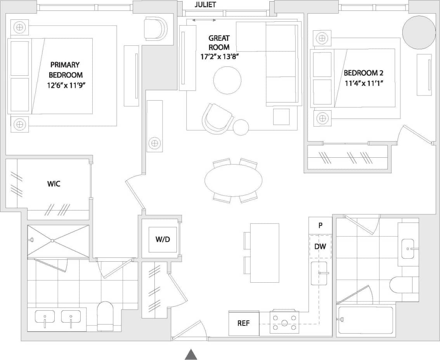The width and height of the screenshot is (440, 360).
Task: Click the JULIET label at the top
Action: (x=205, y=5)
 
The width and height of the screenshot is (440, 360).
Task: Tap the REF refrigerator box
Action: (x=244, y=323)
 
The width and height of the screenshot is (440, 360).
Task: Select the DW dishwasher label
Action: (x=320, y=247)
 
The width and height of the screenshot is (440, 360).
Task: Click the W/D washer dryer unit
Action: (x=163, y=239)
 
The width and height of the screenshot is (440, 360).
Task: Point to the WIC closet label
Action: (x=54, y=184)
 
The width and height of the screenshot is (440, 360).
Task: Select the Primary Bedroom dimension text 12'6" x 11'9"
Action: (x=65, y=84)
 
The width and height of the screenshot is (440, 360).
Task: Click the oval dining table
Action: (x=233, y=180)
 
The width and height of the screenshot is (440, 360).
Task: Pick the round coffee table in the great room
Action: (x=227, y=80)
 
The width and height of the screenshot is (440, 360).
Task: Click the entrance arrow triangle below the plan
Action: (x=191, y=354)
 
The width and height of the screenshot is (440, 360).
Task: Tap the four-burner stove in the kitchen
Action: (x=284, y=322)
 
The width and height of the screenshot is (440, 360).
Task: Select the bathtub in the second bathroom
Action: (x=366, y=320)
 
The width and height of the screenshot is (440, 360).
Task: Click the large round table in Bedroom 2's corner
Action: (x=419, y=33)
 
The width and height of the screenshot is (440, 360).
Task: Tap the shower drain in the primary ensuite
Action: (x=52, y=241)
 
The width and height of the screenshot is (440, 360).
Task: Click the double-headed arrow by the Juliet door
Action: (x=204, y=20)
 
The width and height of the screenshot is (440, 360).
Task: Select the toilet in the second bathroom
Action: (x=404, y=284)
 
